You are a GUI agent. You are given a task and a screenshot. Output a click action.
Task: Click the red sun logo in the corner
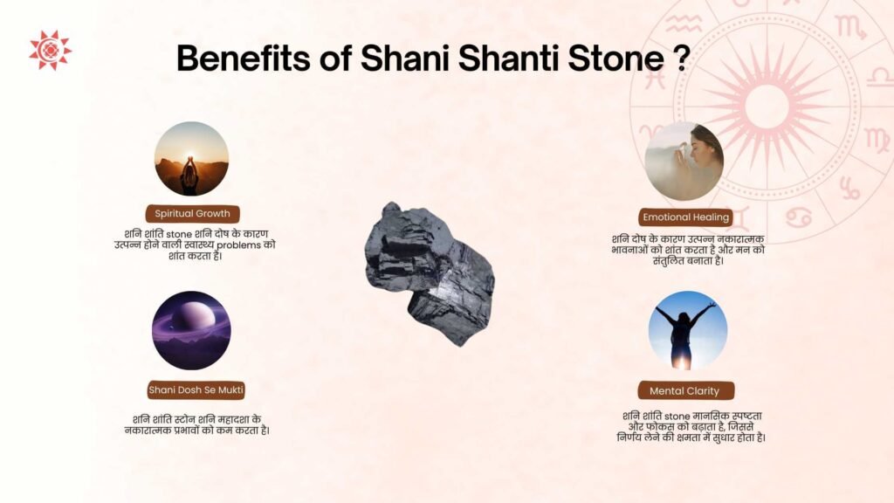(x=50, y=50)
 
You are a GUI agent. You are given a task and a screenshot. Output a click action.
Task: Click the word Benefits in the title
(x=244, y=58)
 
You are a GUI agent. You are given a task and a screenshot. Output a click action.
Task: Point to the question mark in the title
(x=681, y=58)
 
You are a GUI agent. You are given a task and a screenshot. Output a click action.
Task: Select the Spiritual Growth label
(x=192, y=214)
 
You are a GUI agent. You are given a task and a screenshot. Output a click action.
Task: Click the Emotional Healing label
(x=685, y=217)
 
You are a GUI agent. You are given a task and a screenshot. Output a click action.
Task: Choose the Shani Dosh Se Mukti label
(x=196, y=390)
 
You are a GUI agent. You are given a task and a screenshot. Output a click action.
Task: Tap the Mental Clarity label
(x=685, y=390)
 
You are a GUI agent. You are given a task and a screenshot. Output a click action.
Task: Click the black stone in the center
(x=430, y=273)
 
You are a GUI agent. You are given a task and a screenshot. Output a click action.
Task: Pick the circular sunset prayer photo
(x=191, y=159)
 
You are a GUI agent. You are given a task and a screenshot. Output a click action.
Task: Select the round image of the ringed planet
(x=191, y=331)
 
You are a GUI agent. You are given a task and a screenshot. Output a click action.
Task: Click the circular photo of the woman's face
(x=684, y=161)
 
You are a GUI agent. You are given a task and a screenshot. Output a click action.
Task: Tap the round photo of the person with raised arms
(x=688, y=331)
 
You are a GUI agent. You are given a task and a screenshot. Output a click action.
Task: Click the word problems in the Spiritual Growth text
(x=238, y=245)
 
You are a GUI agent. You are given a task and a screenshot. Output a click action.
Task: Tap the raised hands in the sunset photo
(x=189, y=163)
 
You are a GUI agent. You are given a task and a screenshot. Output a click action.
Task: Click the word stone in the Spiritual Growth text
(x=179, y=234)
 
